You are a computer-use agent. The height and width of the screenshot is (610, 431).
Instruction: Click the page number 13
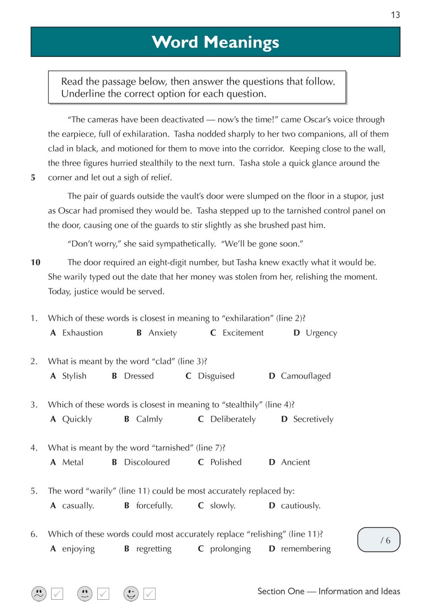point(395,15)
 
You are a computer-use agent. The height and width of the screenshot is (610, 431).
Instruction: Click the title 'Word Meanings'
point(215,42)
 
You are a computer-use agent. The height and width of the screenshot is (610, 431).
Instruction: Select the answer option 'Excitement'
point(243,333)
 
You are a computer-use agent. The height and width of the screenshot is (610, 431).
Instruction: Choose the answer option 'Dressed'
point(139,376)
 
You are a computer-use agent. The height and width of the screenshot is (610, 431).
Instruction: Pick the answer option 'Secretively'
point(313,419)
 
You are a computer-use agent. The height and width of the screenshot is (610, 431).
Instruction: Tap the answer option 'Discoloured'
point(147,462)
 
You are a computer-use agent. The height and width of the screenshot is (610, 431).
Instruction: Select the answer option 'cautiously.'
point(300,505)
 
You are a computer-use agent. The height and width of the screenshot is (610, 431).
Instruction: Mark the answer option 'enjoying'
point(78,549)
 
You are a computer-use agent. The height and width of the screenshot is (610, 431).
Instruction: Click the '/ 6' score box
point(379,540)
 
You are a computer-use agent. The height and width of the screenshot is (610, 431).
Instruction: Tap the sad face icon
point(39,593)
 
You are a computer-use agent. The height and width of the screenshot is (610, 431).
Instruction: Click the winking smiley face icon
point(131,593)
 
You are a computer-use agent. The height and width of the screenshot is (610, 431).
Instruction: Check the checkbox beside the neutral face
point(104,594)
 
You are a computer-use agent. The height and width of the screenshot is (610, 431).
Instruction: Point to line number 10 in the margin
point(35,262)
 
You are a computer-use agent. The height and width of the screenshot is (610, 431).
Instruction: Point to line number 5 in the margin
point(33,178)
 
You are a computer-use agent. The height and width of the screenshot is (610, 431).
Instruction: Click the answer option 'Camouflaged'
point(305,376)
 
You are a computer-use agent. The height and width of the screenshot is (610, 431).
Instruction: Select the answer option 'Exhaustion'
point(83,333)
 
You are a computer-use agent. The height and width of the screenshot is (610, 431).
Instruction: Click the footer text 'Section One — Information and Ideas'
point(328,591)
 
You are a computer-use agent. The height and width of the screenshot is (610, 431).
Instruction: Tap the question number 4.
point(34,448)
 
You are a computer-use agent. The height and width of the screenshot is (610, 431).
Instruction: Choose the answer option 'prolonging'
point(230,549)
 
